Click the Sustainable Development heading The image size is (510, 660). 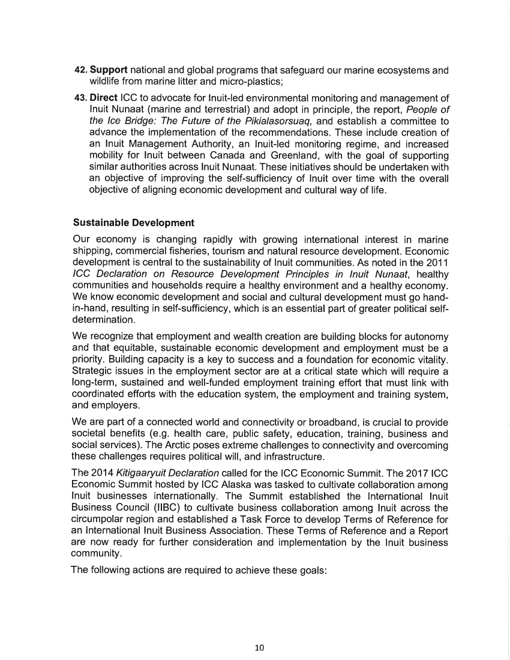(x=133, y=223)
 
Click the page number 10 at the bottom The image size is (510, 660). (x=259, y=647)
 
